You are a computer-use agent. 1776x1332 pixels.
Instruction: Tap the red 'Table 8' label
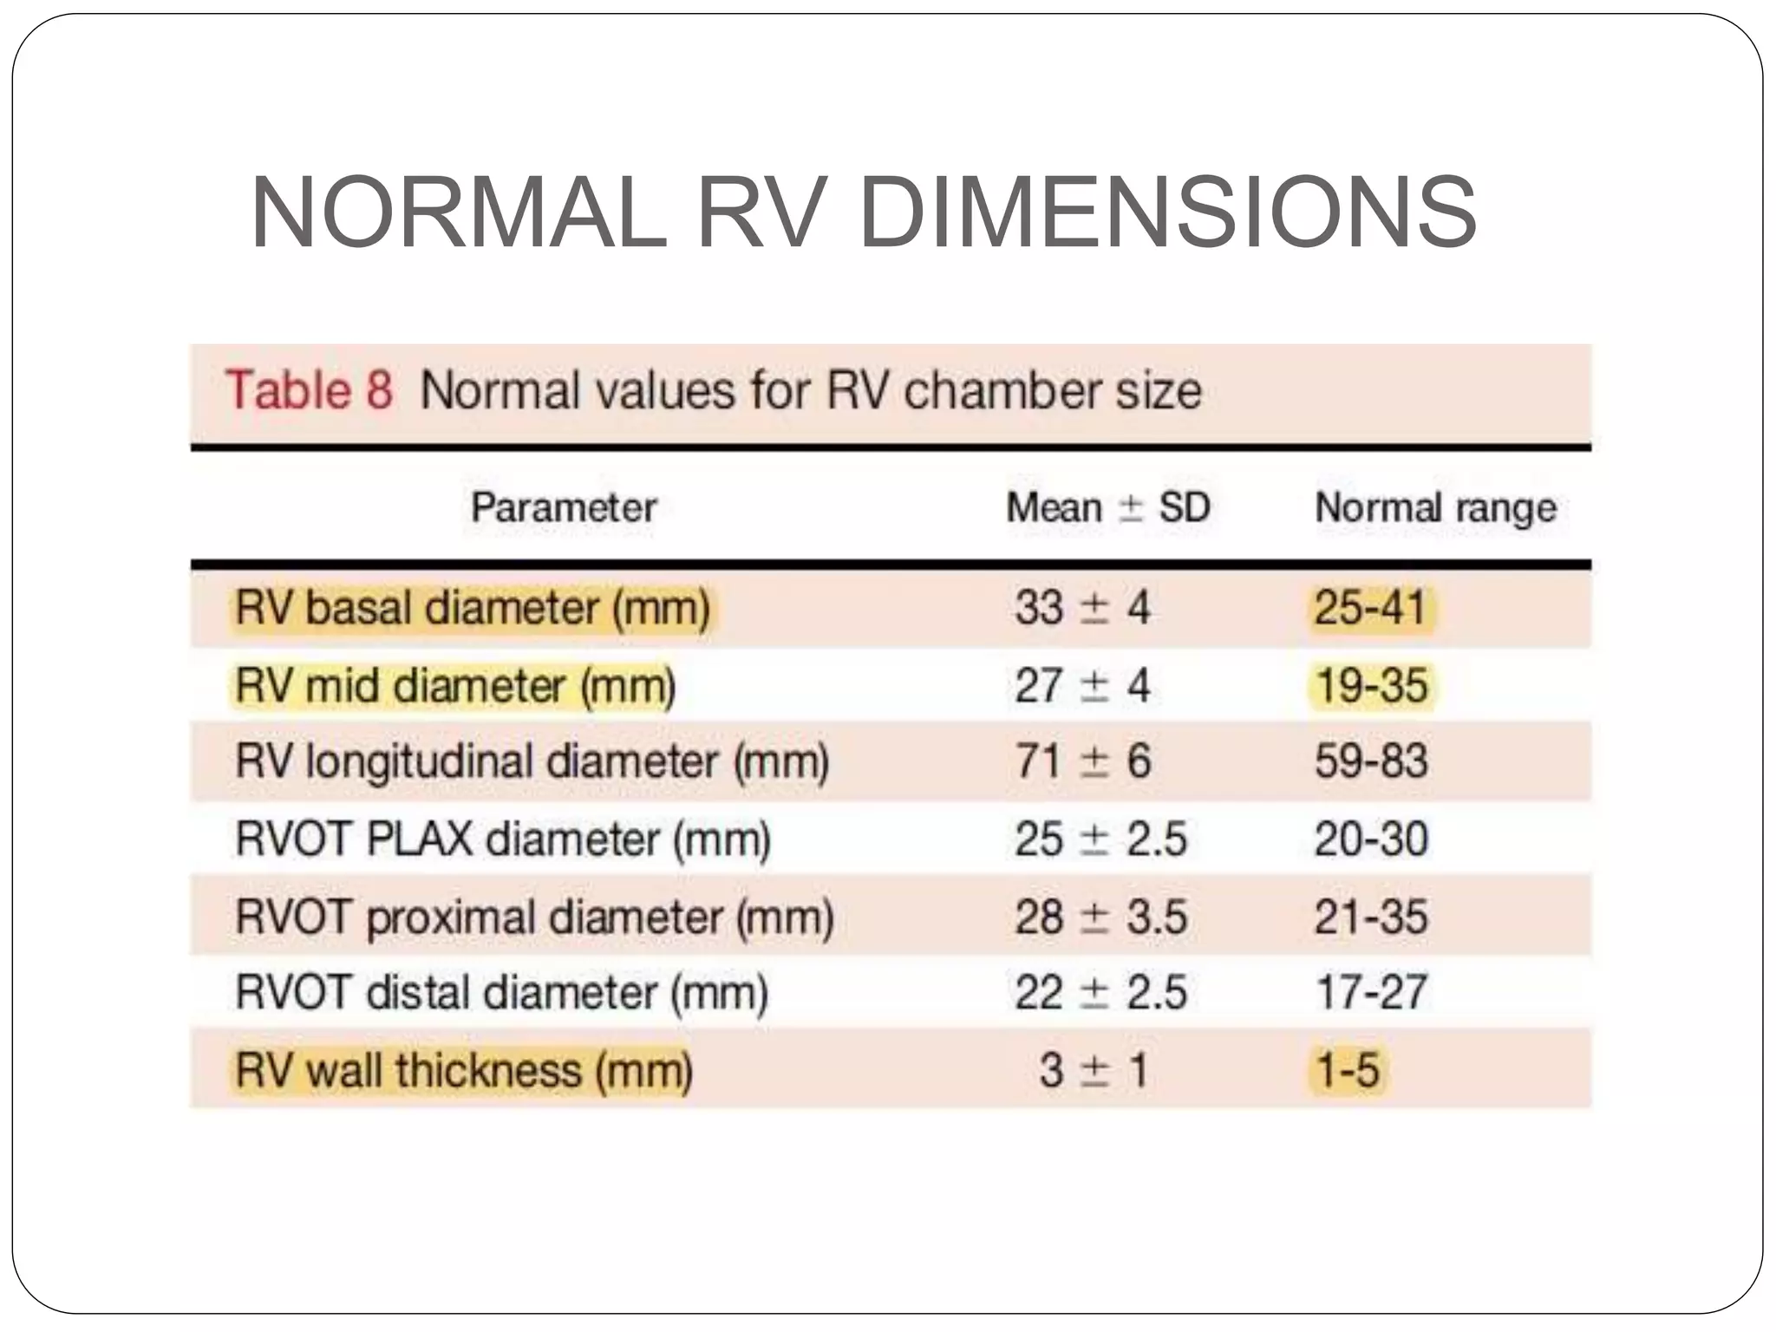[x=310, y=389]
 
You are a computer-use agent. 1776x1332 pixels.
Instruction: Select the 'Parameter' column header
[x=564, y=507]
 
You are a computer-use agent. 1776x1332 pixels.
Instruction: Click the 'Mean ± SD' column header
[x=1107, y=507]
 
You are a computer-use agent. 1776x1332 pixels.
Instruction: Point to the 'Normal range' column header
[x=1435, y=508]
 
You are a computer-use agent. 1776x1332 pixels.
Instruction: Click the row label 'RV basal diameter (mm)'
[x=473, y=607]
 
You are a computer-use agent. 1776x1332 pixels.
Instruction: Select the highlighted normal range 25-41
[x=1370, y=607]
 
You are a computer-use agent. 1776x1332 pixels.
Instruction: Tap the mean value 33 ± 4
[x=1082, y=607]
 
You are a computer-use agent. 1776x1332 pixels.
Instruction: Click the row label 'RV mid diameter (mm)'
[x=455, y=686]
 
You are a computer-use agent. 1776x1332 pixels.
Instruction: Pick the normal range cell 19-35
[x=1371, y=686]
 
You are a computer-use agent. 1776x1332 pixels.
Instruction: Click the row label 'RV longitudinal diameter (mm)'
[x=532, y=762]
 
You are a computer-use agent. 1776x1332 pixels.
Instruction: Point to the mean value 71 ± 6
[x=1082, y=762]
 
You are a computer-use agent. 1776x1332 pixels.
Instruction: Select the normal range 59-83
[x=1371, y=762]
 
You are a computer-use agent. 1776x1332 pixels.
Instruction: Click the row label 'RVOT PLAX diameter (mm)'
[x=503, y=839]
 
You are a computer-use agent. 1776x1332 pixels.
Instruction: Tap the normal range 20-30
[x=1371, y=839]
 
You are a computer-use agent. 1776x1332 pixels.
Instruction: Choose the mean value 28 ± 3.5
[x=1100, y=917]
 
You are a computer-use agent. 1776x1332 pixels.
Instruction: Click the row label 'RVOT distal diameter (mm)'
[x=501, y=993]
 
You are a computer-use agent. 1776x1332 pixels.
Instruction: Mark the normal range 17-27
[x=1371, y=993]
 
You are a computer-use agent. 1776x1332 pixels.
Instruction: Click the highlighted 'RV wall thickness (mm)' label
[x=464, y=1070]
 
